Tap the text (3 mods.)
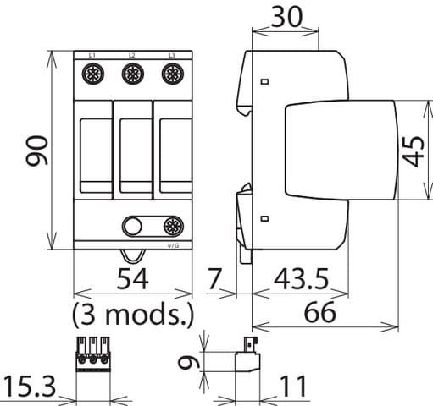(133, 315)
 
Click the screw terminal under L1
(92, 75)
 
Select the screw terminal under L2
(132, 75)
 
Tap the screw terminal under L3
(172, 75)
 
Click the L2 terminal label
(132, 55)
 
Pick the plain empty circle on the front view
(132, 225)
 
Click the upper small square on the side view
(264, 82)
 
